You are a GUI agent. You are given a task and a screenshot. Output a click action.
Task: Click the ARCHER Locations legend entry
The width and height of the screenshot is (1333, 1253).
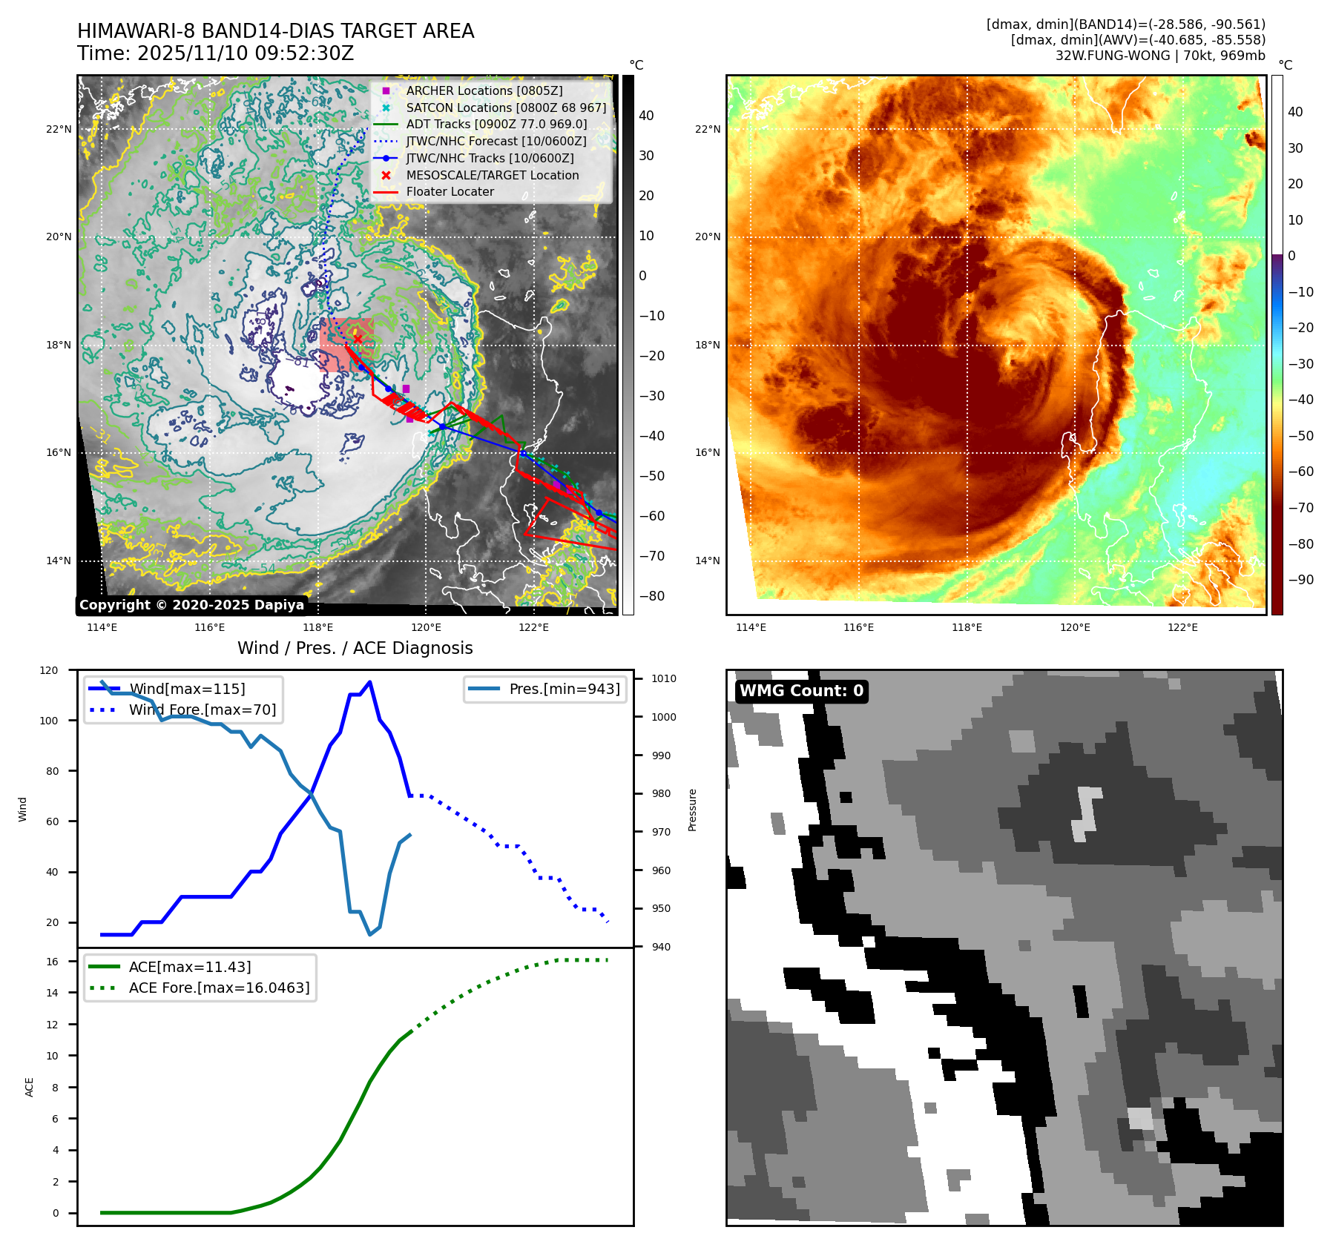(484, 90)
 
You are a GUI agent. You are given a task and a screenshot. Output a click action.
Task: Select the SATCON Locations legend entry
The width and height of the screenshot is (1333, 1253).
(506, 108)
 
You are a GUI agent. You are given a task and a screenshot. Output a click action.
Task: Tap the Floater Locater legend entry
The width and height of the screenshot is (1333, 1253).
(450, 191)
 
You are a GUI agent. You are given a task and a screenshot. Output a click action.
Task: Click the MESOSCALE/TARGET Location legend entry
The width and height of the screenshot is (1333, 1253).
(492, 175)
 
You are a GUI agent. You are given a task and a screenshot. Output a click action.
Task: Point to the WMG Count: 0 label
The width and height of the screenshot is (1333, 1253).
(801, 691)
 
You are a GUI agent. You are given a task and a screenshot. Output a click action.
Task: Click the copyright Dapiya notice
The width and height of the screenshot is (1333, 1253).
(191, 605)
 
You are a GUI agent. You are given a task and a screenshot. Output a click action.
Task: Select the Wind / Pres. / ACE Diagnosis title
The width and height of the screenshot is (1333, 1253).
(355, 648)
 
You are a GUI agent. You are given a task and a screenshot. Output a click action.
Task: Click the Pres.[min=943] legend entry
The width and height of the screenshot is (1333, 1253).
(564, 689)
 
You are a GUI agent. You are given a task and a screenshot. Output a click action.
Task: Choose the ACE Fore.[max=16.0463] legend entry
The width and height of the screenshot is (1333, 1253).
(219, 988)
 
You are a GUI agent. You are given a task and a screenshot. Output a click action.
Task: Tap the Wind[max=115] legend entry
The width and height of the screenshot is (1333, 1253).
(187, 689)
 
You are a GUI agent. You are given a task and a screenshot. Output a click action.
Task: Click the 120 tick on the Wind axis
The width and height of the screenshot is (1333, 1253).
(49, 670)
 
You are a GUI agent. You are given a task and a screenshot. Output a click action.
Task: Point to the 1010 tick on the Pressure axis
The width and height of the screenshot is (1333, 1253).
(664, 678)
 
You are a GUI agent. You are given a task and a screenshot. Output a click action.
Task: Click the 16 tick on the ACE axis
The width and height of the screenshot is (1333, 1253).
(52, 962)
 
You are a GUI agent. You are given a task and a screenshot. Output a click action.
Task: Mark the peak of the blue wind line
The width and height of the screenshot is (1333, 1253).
(369, 682)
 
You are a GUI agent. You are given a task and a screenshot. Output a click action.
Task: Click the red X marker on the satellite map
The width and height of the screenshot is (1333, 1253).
(358, 339)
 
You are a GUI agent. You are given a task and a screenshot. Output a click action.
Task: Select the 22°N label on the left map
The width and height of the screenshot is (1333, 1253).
(59, 129)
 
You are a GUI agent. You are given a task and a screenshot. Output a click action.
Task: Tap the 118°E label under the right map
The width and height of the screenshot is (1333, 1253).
(967, 627)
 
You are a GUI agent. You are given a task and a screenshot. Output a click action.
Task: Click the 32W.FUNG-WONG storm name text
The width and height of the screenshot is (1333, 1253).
(1113, 56)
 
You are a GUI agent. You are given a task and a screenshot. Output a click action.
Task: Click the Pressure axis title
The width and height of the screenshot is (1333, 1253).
(692, 810)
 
